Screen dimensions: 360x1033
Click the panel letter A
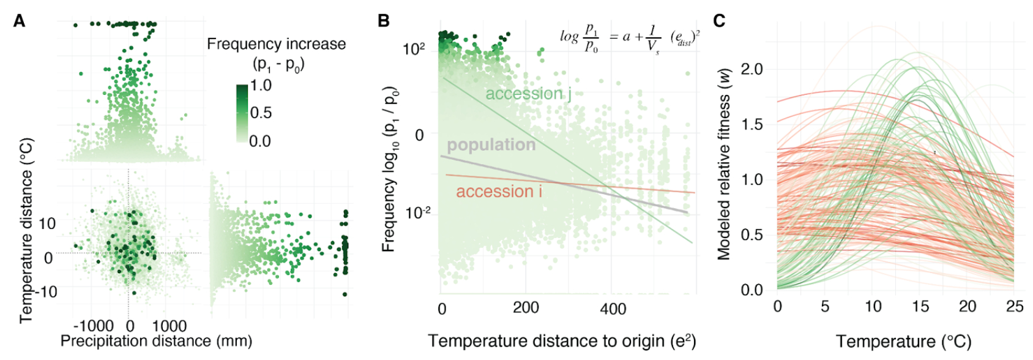click(20, 21)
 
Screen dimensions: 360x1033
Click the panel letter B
click(384, 21)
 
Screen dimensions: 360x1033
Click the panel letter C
click(719, 21)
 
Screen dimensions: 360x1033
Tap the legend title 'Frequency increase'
click(276, 44)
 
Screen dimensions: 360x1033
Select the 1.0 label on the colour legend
click(261, 85)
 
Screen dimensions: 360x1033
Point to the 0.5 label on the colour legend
click(261, 113)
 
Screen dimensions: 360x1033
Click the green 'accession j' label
click(528, 94)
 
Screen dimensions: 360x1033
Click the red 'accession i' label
click(499, 192)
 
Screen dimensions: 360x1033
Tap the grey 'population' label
click(491, 145)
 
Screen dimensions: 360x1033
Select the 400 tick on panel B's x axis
click(613, 309)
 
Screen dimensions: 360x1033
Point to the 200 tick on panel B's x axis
click(526, 307)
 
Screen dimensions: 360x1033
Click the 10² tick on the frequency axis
click(414, 48)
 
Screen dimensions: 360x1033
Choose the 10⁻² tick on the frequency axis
click(416, 212)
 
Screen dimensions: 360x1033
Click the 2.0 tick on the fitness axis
click(751, 69)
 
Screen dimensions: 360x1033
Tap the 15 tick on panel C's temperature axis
click(920, 307)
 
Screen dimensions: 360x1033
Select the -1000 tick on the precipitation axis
click(94, 326)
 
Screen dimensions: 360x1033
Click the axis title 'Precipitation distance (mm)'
click(156, 341)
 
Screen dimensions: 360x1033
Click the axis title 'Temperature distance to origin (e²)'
click(562, 341)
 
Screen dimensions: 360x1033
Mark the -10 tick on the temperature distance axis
click(44, 291)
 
